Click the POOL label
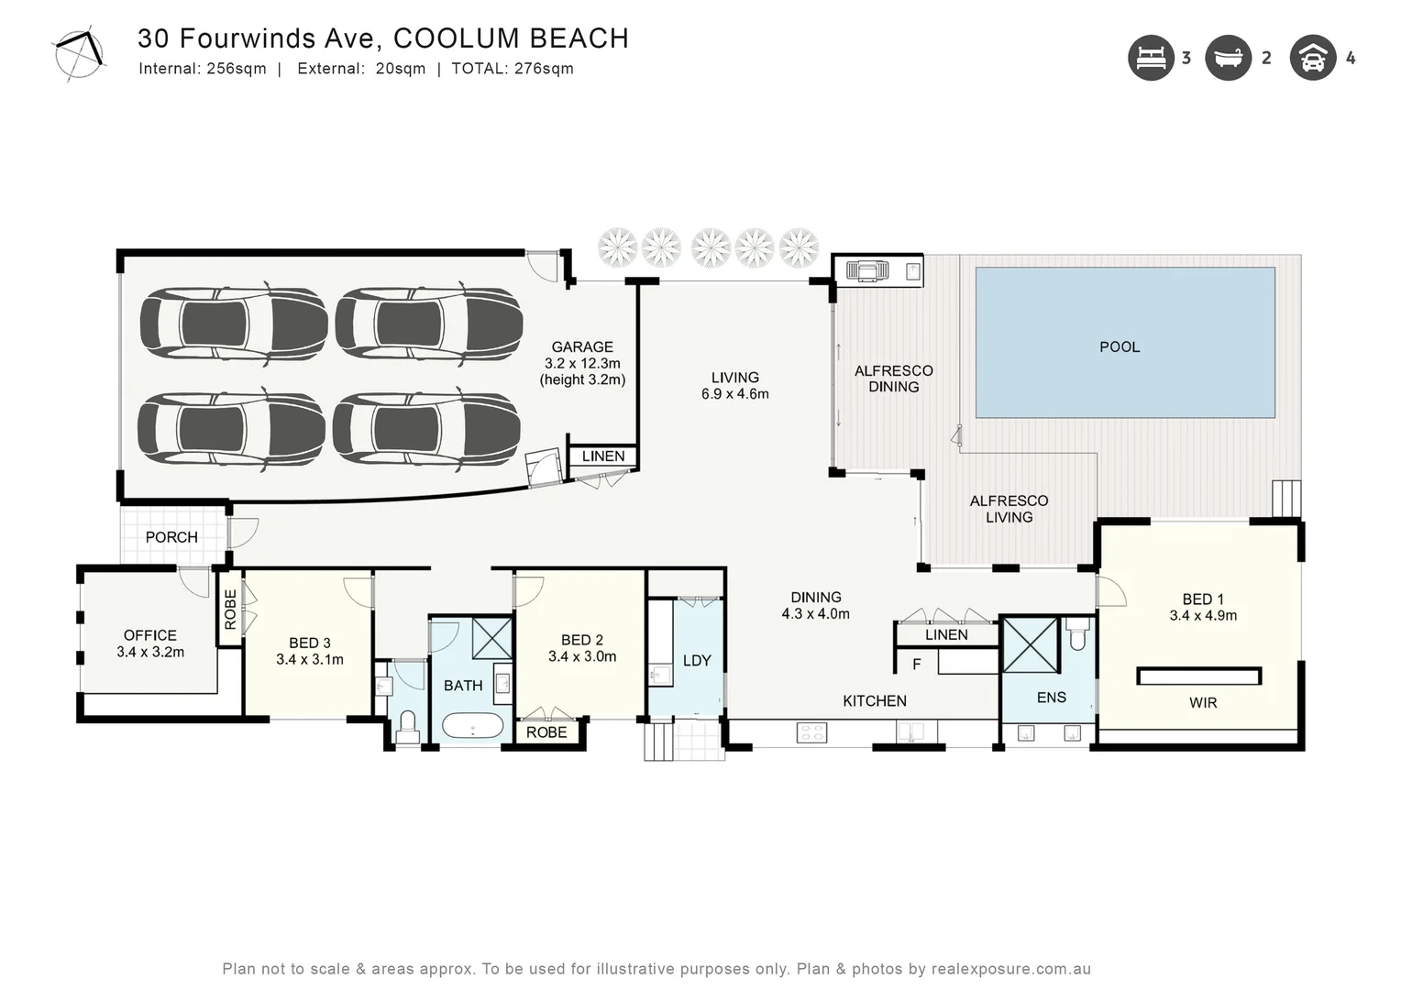(1120, 347)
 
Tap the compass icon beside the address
(80, 54)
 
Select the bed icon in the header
(1151, 58)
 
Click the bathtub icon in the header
(1229, 58)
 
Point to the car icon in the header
(1313, 58)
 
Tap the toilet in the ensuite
(1077, 634)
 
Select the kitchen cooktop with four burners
(811, 732)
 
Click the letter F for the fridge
(917, 665)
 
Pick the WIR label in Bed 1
(1203, 703)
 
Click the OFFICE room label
(150, 635)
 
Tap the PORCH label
(171, 537)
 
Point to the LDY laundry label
(697, 661)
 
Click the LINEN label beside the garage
(603, 456)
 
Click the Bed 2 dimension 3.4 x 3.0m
(582, 656)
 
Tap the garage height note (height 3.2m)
(582, 379)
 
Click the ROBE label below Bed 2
(546, 732)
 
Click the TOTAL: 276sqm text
(513, 69)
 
